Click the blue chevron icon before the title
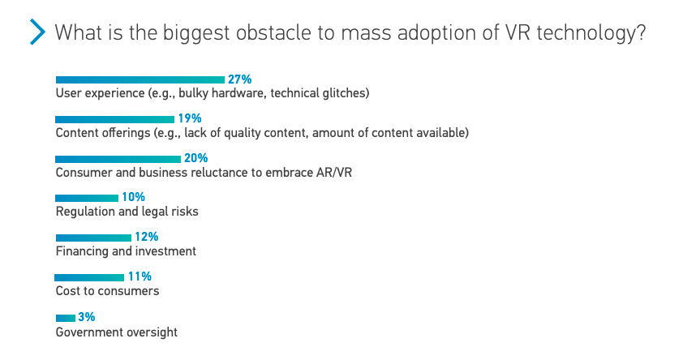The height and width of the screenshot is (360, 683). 37,33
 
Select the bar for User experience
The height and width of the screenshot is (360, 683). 140,79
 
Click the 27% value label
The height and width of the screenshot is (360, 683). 240,79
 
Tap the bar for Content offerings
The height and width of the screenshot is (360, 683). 114,119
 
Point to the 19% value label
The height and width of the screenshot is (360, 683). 190,119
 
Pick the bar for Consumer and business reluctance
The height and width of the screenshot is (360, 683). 118,159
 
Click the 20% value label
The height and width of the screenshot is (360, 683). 196,158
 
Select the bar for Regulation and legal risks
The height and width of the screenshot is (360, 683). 87,198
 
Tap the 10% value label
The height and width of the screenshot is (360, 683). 133,197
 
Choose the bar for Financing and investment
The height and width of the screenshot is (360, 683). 93,238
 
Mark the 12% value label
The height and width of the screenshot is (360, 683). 146,237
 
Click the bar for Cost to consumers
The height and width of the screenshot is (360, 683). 89,277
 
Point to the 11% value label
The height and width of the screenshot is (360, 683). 140,276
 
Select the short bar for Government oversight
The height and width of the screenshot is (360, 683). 65,317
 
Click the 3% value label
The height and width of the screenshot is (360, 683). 86,316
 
